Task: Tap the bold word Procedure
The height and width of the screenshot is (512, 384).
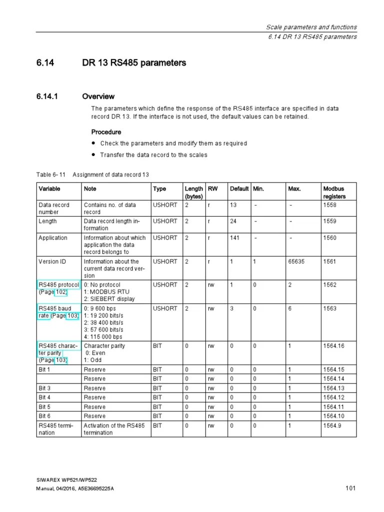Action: point(106,132)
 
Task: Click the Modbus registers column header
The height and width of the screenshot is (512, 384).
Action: point(334,192)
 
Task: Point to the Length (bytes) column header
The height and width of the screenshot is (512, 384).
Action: point(194,192)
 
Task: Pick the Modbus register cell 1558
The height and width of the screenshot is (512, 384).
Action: point(330,205)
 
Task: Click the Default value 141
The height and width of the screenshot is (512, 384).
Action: point(234,238)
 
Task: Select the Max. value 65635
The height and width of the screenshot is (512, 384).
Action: point(296,261)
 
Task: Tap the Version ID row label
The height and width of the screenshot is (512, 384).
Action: point(52,261)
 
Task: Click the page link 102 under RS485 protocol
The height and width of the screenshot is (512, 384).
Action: point(61,292)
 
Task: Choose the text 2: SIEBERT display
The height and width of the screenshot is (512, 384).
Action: point(109,299)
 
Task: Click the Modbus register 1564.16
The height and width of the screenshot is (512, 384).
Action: point(333,346)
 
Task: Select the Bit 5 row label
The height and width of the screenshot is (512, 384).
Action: point(44,407)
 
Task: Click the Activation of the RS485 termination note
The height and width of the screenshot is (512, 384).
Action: point(114,429)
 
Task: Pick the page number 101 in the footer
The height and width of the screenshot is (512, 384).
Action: point(350,488)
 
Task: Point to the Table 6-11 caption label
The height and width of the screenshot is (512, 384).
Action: point(51,174)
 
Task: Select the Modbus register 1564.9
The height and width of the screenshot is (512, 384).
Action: point(332,425)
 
